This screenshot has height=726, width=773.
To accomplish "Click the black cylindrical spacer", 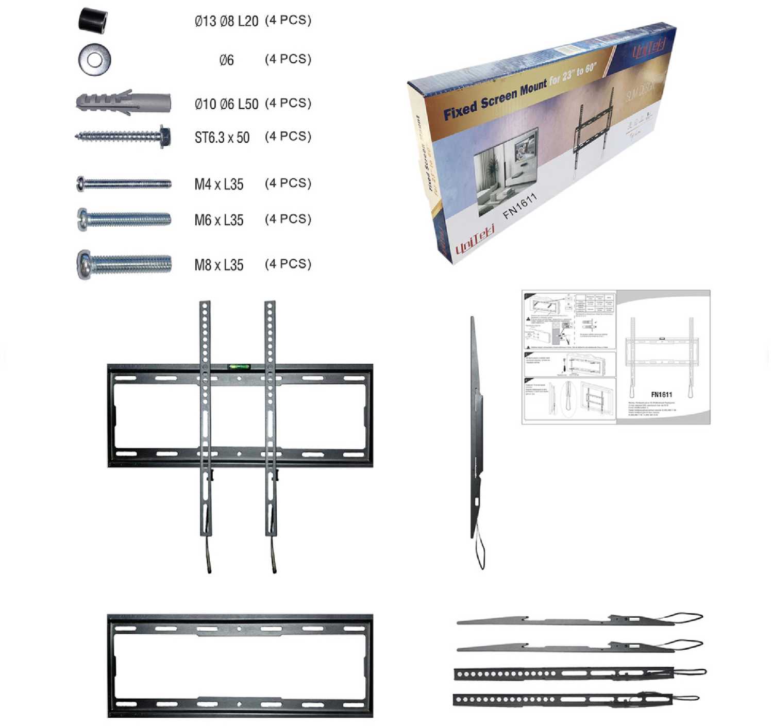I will click(93, 21).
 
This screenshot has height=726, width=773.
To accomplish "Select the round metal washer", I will click(94, 59).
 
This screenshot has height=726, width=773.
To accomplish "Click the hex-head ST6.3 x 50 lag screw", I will click(123, 137).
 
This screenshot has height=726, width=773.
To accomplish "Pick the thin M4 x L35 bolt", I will click(124, 183).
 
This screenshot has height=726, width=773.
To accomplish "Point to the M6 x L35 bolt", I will click(124, 220).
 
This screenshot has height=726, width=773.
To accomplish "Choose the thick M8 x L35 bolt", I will click(124, 264).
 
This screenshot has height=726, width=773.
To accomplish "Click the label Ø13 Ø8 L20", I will click(226, 21).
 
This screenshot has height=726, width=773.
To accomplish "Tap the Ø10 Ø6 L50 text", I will click(226, 104).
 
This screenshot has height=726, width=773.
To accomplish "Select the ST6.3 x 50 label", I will click(222, 138).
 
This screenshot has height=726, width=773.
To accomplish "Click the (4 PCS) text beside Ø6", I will click(288, 59).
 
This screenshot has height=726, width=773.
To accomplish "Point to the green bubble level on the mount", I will click(239, 367).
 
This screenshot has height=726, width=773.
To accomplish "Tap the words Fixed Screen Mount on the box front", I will click(494, 101).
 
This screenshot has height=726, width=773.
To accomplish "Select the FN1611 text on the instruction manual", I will click(661, 395).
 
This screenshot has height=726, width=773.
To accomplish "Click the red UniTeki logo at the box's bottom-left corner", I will click(475, 241).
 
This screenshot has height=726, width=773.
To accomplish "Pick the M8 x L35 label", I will click(219, 265).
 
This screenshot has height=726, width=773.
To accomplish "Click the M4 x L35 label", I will click(219, 184).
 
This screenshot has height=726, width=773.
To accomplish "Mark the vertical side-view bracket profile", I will click(476, 438).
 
